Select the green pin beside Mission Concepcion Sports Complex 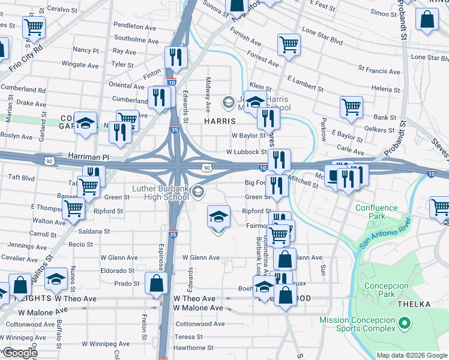pyautogui.click(x=405, y=324)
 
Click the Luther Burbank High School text pyautogui.click(x=160, y=192)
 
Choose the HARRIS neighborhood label pyautogui.click(x=223, y=121)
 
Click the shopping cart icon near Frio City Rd pyautogui.click(x=34, y=26)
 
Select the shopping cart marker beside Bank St pyautogui.click(x=351, y=107)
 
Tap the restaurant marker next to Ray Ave pyautogui.click(x=176, y=57)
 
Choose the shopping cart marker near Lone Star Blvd pyautogui.click(x=289, y=44)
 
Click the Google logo pyautogui.click(x=19, y=353)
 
